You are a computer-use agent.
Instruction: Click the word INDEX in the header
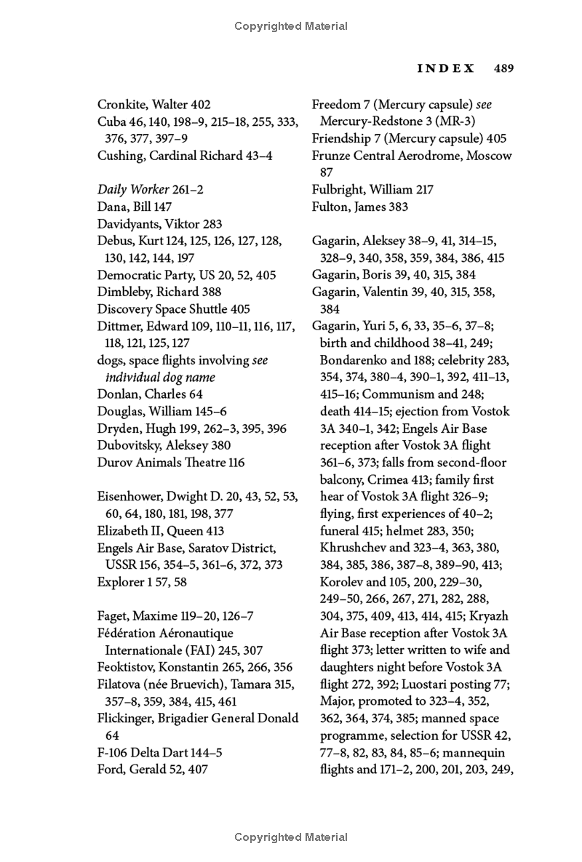click(446, 68)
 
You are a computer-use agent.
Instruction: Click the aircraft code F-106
click(113, 752)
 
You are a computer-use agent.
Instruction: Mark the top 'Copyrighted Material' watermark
click(291, 26)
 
